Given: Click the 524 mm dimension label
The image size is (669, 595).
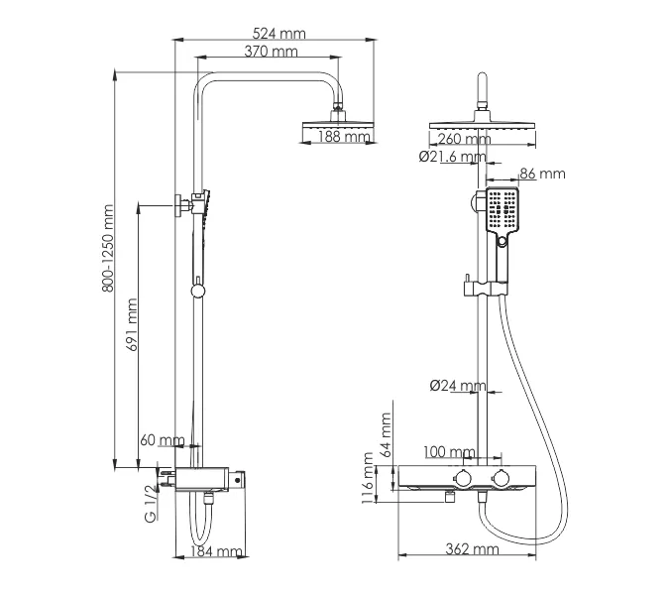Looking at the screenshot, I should (279, 33).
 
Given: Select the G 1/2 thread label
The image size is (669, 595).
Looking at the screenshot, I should (151, 502).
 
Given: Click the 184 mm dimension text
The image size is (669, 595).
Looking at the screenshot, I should (216, 551).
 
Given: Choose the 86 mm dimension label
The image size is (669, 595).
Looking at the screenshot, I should (541, 174).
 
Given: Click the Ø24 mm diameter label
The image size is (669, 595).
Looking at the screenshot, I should (458, 386).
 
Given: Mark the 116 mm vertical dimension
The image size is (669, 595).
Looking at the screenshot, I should (368, 479).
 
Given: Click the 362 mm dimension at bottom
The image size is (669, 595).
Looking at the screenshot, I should (473, 549).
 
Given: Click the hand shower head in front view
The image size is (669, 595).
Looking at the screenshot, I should (502, 209).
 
